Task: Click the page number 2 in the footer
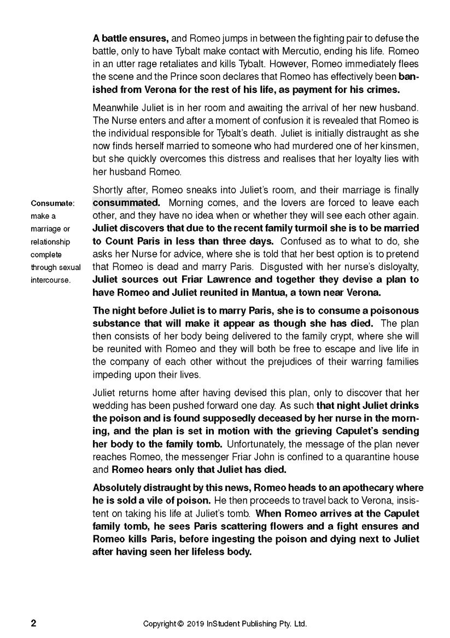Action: pos(33,623)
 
